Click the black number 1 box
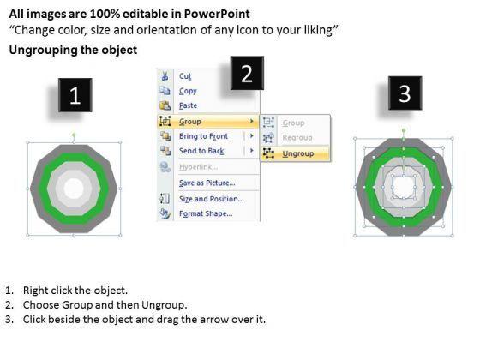[x=75, y=95]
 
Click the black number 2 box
[x=247, y=73]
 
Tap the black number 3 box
[x=405, y=93]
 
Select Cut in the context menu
[x=185, y=76]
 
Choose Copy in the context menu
[x=188, y=91]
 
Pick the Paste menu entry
[x=188, y=105]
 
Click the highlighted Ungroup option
[x=298, y=153]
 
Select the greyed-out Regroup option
[x=297, y=138]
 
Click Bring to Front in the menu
[x=204, y=136]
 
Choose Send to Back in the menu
[x=201, y=151]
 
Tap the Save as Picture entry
[x=207, y=183]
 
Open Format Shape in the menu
[x=206, y=213]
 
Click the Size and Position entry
[x=212, y=199]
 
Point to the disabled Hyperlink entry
[x=198, y=167]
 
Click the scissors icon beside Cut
[x=165, y=76]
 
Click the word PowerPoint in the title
[x=216, y=14]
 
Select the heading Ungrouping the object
[x=73, y=50]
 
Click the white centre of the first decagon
[x=74, y=189]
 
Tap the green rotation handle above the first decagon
[x=74, y=135]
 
